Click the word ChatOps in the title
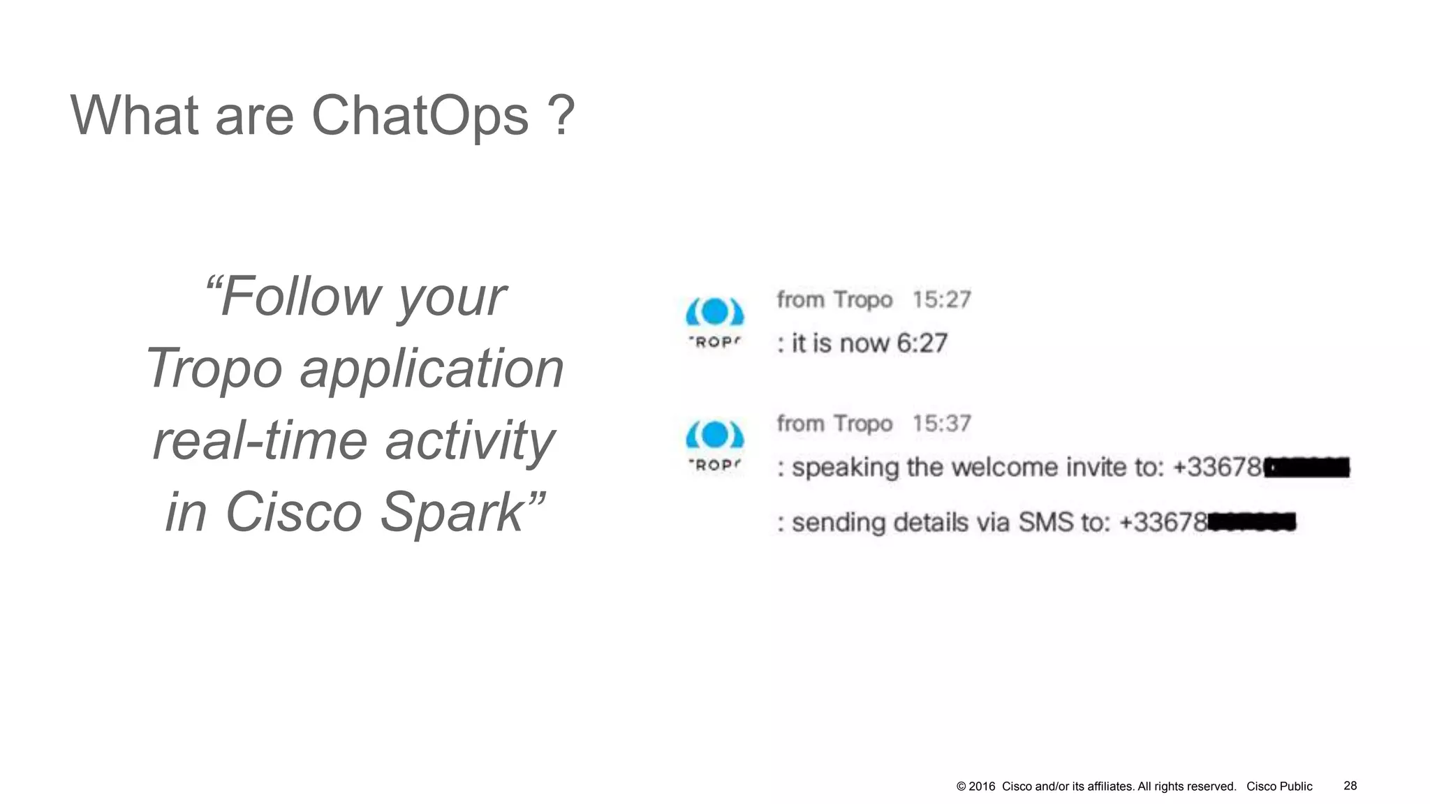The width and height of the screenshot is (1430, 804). click(x=419, y=116)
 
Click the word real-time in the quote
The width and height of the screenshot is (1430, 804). click(x=260, y=441)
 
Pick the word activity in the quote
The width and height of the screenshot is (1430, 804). click(x=470, y=441)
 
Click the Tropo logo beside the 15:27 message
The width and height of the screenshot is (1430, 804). click(x=714, y=321)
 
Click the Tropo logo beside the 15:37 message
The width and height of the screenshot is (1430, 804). click(x=714, y=445)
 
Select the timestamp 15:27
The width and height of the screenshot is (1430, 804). click(x=941, y=300)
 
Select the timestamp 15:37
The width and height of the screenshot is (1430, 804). click(x=941, y=424)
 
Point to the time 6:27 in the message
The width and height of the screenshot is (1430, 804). click(x=922, y=343)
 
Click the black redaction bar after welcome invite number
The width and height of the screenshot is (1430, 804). click(x=1307, y=467)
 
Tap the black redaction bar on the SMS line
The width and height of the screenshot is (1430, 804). click(x=1251, y=522)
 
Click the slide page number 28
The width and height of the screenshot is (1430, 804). click(x=1350, y=786)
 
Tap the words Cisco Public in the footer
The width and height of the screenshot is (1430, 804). click(x=1279, y=787)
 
